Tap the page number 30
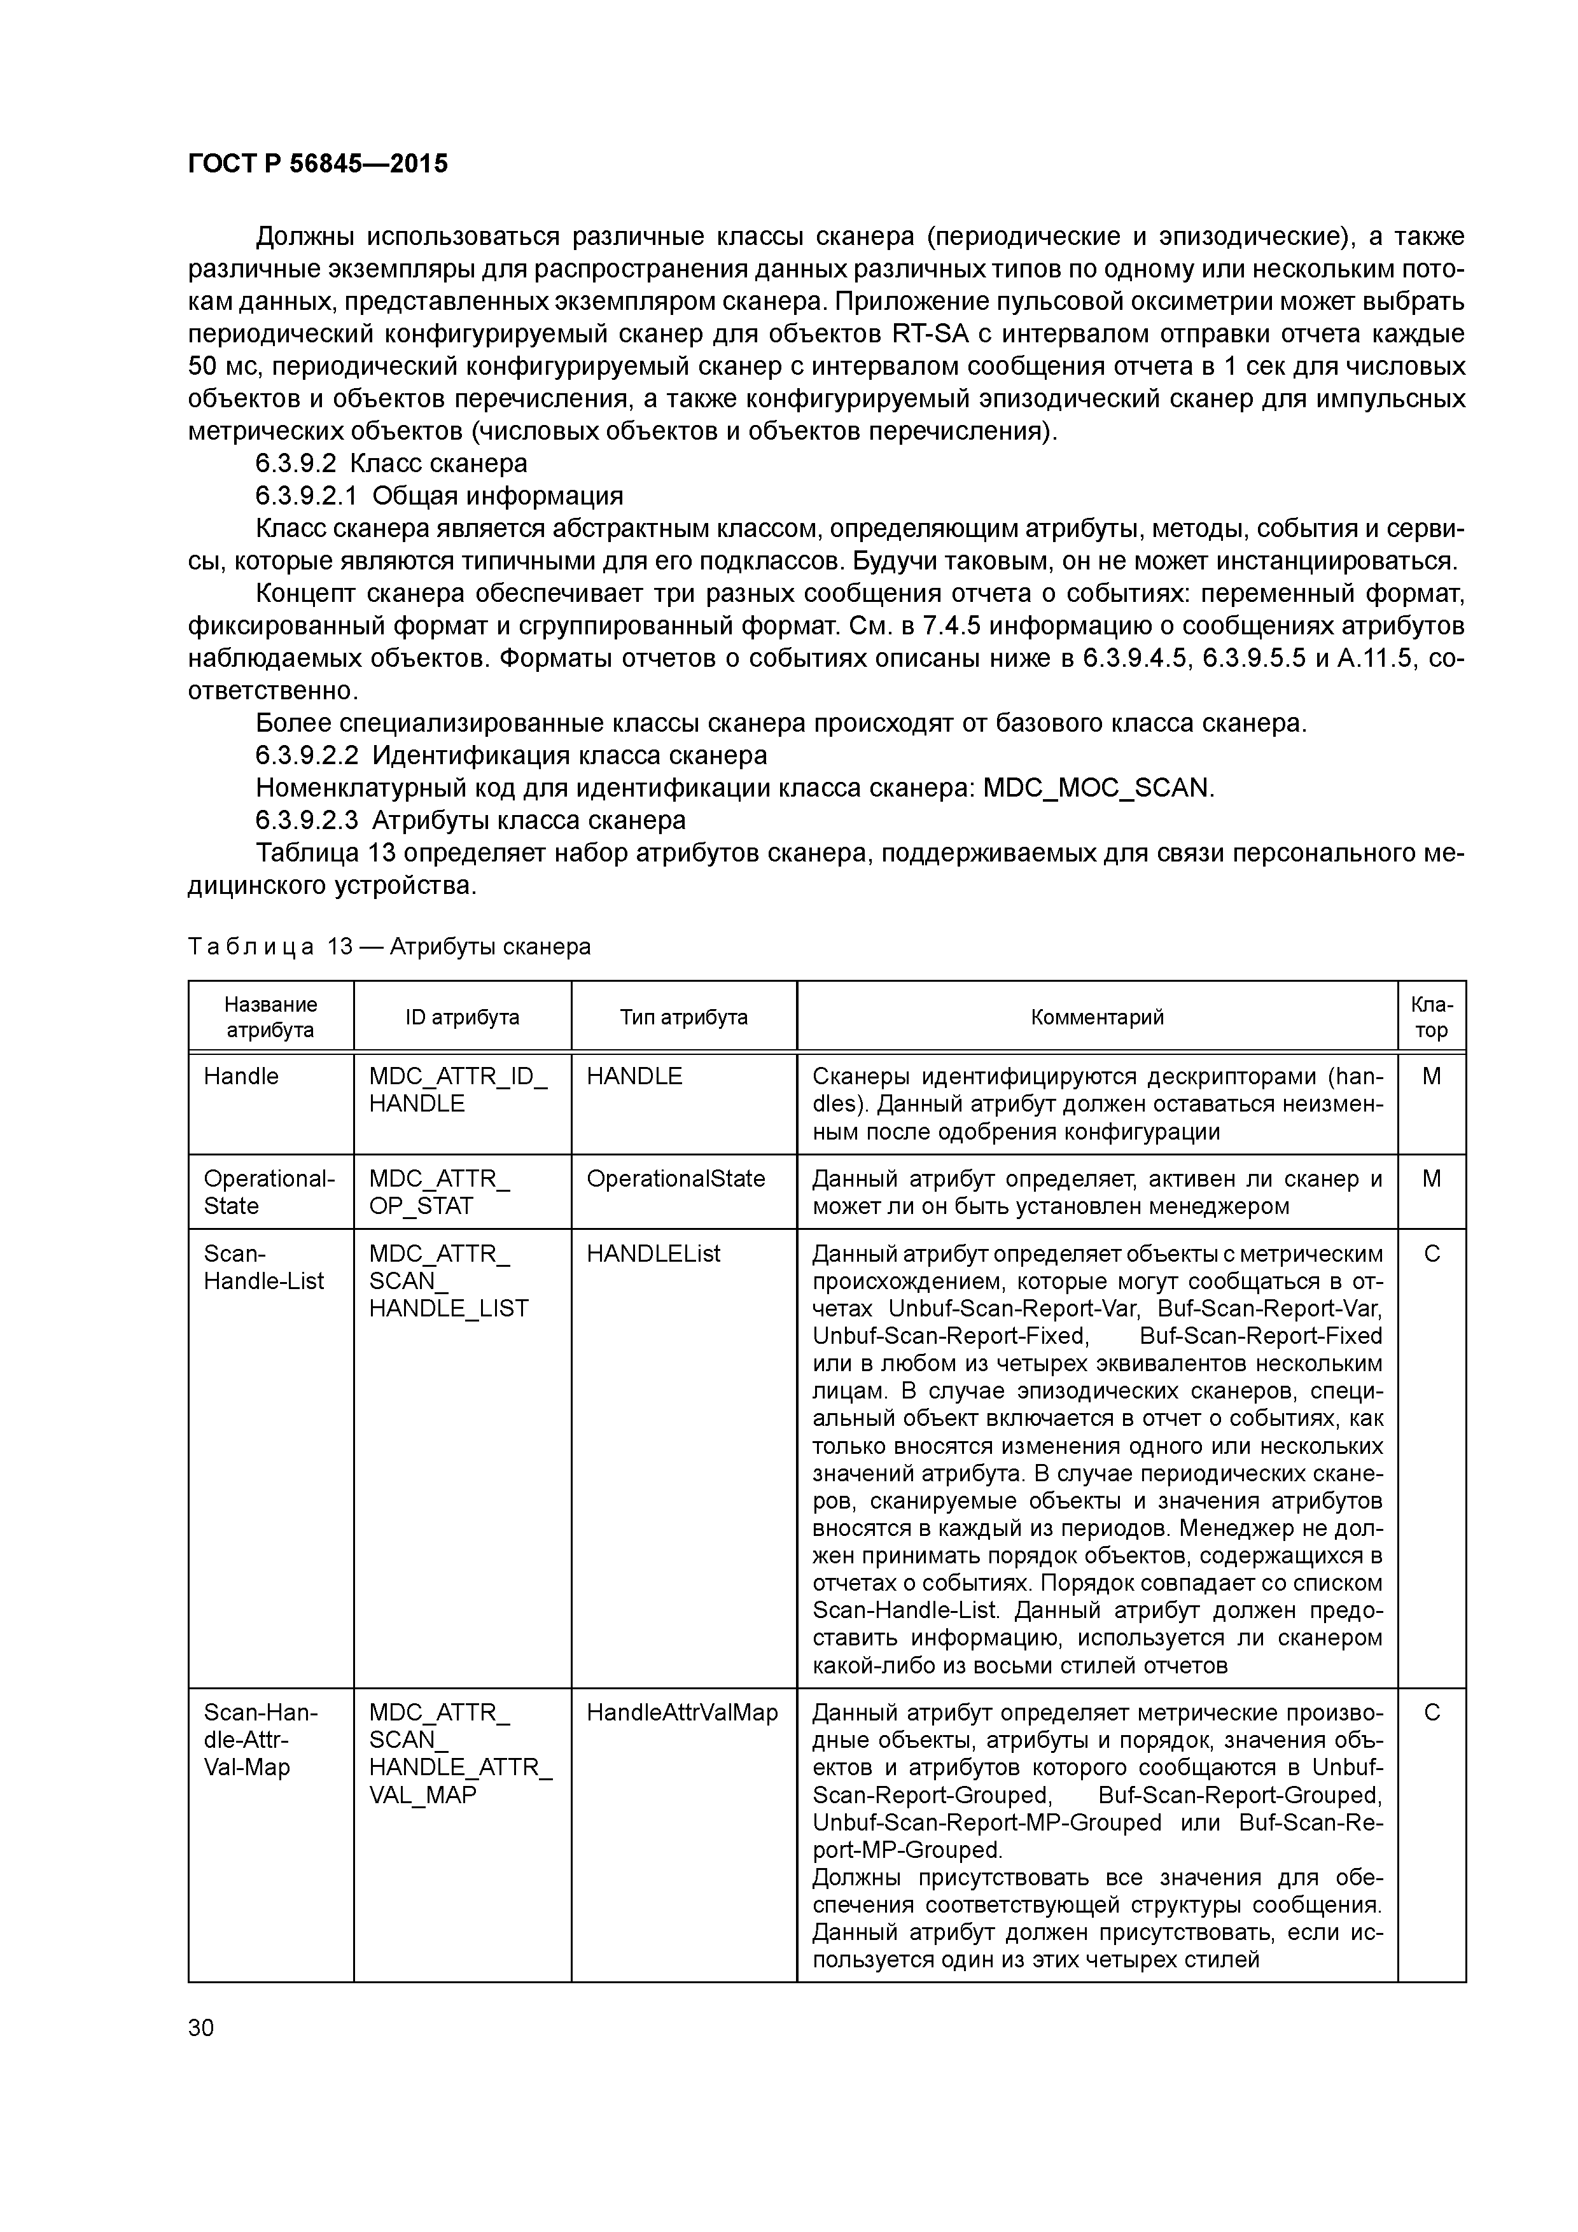[201, 2027]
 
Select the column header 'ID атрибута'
[462, 1017]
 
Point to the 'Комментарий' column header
[1097, 1017]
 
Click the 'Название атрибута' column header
[270, 1017]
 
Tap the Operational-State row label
[269, 1192]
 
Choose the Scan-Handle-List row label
[263, 1267]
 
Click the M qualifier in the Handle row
[1431, 1076]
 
